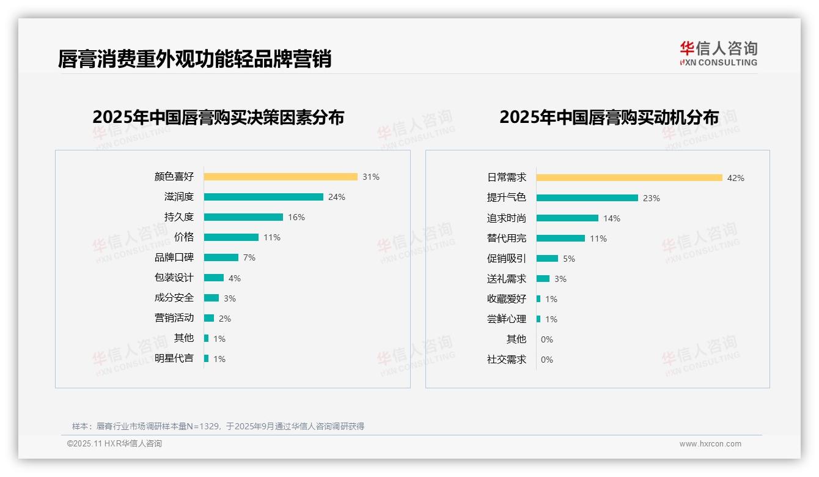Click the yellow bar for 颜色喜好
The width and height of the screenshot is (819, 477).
281,177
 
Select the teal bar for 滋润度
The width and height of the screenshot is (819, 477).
263,197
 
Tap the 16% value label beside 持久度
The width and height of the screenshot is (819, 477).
296,217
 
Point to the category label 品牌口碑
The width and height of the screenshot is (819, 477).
174,257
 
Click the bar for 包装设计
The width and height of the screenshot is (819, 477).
214,278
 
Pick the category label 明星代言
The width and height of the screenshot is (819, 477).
174,358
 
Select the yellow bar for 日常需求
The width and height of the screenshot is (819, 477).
630,178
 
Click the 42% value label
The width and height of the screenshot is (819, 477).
736,178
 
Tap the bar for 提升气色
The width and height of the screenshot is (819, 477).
587,198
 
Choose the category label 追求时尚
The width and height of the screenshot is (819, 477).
507,218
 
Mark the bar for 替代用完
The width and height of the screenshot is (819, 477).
560,239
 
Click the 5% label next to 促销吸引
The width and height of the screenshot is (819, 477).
569,259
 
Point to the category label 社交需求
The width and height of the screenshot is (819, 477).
507,360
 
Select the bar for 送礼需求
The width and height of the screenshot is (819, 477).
543,279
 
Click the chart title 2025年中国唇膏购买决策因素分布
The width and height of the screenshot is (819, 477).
218,117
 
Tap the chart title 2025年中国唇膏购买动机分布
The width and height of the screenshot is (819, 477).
609,117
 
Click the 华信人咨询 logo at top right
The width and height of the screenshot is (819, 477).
719,53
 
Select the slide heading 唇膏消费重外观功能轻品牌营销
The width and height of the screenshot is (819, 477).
194,59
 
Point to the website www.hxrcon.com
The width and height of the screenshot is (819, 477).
710,444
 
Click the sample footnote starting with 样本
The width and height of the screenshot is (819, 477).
218,426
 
